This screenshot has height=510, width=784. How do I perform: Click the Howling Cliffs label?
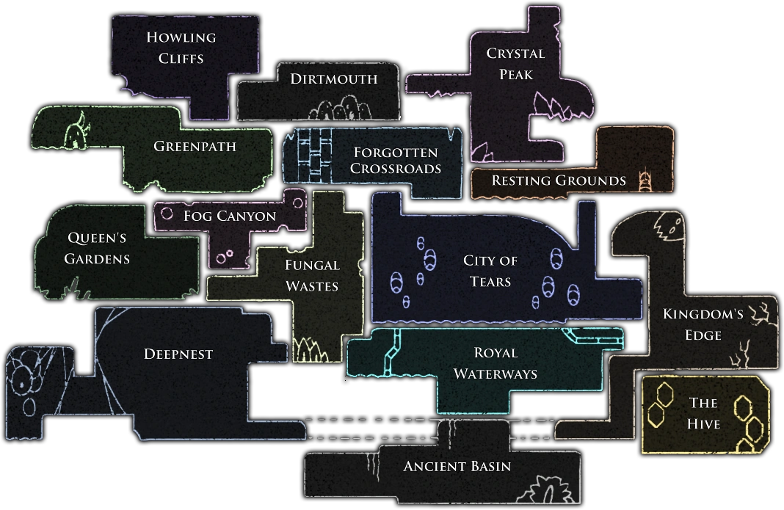[x=181, y=47]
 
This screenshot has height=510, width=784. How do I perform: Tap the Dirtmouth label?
[x=334, y=79]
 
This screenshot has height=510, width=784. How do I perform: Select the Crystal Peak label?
[x=516, y=64]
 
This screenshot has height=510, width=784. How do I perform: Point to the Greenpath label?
[x=195, y=146]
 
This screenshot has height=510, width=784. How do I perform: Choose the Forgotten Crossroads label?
[x=396, y=161]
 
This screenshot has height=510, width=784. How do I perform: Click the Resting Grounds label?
[x=559, y=181]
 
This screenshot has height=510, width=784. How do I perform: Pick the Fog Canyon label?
[x=230, y=216]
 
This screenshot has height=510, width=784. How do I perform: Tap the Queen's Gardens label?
[x=97, y=248]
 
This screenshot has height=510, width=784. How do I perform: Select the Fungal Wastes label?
[x=312, y=275]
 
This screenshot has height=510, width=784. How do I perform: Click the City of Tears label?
[x=490, y=271]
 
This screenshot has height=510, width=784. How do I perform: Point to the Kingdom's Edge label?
[x=703, y=324]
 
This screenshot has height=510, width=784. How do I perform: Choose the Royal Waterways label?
[x=496, y=363]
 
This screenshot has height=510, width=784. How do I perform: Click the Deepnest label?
[x=178, y=354]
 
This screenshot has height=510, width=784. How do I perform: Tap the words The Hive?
[x=704, y=413]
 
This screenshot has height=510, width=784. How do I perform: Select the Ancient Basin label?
[x=457, y=466]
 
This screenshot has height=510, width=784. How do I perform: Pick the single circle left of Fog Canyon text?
[x=167, y=214]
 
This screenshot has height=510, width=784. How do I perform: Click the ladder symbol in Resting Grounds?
[x=646, y=180]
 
